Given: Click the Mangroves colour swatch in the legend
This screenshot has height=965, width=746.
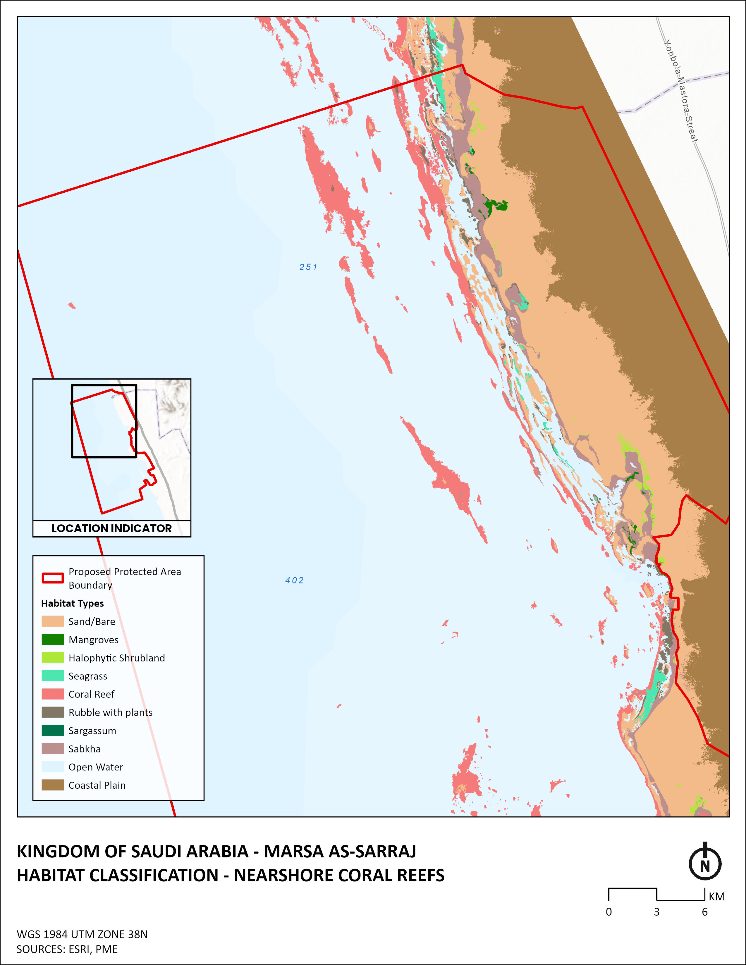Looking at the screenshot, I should click(53, 639).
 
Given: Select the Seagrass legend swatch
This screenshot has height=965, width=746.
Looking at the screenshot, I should click(53, 675).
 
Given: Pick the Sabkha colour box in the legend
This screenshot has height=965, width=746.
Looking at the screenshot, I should click(53, 749).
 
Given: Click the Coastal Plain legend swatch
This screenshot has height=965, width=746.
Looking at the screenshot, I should click(53, 785).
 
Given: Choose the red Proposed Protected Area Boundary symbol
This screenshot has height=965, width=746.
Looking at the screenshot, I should click(53, 578).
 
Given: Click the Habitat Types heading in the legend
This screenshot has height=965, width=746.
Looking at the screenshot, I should click(73, 603).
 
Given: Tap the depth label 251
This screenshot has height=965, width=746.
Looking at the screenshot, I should click(308, 267).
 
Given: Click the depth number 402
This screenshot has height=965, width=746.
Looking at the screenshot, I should click(294, 580).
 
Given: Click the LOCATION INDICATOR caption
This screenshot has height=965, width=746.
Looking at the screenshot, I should click(111, 528).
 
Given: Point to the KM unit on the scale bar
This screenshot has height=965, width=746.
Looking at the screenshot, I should click(716, 896).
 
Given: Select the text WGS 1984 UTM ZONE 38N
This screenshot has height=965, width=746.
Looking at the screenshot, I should click(82, 934).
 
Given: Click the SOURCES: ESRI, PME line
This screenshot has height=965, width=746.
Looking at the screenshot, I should click(67, 949).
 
